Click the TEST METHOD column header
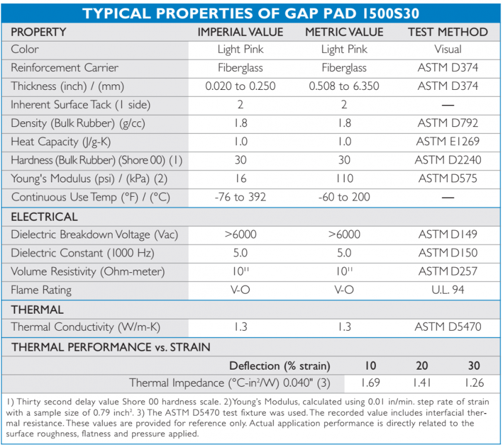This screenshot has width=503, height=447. pos(448,32)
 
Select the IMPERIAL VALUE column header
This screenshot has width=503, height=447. pos(240,32)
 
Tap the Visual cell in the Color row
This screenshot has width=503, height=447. pos(448,49)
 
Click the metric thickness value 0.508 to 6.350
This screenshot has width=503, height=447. pos(344,86)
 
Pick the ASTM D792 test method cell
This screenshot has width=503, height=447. pos(448,123)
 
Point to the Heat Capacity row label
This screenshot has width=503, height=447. pos(60,141)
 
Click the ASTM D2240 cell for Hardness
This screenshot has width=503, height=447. pos(448,160)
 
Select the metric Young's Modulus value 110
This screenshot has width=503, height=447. pos(345,179)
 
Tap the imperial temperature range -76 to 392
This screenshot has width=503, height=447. pos(240,197)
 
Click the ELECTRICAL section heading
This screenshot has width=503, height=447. pos(44,217)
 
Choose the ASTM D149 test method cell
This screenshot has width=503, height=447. pos(448,234)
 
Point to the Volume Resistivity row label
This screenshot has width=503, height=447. pos(87,272)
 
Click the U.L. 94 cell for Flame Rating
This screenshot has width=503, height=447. pos(448,290)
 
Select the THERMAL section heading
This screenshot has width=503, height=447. pos(37,310)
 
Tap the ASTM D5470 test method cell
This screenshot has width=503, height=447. pos(448,327)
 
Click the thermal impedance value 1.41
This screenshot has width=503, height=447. pos(421,382)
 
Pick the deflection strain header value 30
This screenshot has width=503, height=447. pos(474,365)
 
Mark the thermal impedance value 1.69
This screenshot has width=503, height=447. pos(370,382)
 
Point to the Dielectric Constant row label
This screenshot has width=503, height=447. pos(82,253)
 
